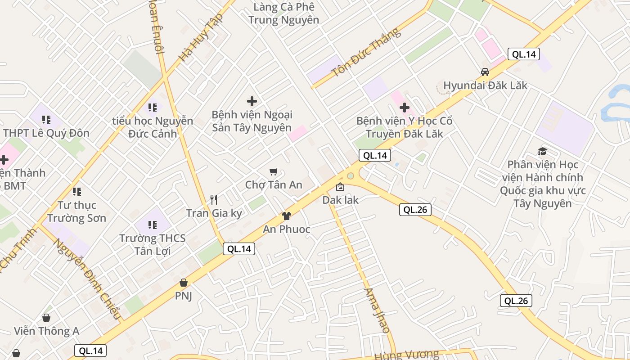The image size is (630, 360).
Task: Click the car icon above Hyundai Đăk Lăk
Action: point(485,72)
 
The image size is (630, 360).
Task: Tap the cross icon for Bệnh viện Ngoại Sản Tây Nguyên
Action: point(252,101)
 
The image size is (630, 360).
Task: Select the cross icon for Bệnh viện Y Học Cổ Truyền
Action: point(405,108)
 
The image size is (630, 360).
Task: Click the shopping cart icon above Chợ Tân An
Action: point(273,171)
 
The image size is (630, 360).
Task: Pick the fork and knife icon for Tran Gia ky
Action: point(214,200)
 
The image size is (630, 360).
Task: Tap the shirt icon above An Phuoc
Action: point(286,216)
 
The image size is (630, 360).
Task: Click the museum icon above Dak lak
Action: point(340,187)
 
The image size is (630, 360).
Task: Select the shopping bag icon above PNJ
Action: point(183,283)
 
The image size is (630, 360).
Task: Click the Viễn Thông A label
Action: point(46,331)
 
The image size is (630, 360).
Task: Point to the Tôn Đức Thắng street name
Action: point(365,53)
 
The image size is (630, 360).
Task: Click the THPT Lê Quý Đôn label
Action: point(46,133)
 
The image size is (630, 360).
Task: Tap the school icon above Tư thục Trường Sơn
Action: point(77,192)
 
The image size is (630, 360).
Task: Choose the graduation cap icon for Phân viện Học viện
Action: point(542,152)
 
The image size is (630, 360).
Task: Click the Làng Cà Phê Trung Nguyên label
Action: point(284,13)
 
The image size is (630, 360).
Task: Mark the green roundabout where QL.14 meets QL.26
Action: point(350,175)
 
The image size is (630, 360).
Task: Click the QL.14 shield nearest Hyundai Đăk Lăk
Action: point(523,54)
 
